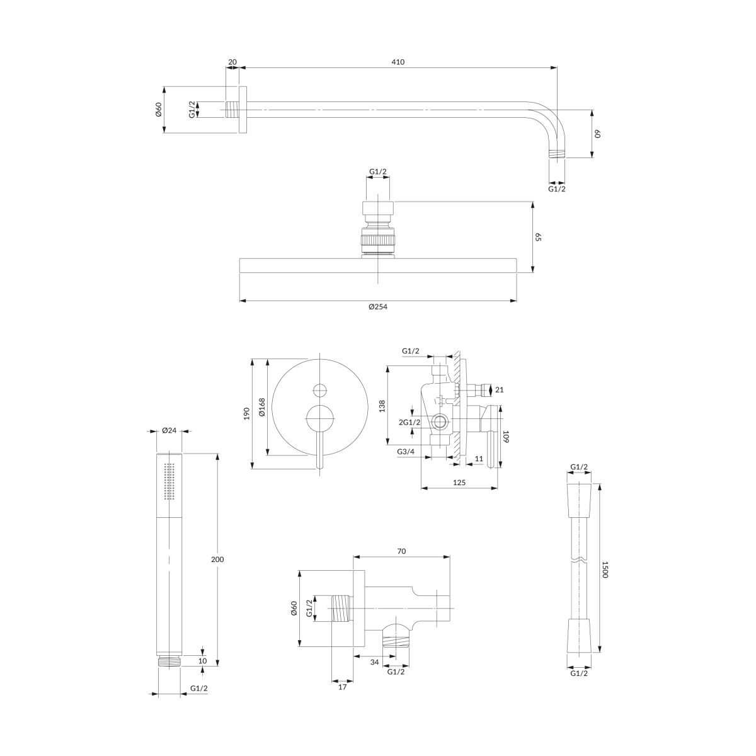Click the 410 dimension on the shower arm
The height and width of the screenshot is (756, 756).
pos(398,62)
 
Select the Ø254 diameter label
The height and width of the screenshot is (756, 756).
pos(378,307)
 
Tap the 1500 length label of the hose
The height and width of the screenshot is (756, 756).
pos(604,570)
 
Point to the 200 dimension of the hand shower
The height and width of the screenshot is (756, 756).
pos(217,559)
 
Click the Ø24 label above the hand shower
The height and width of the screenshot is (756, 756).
pos(169,430)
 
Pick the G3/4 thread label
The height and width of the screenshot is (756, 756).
pos(405,452)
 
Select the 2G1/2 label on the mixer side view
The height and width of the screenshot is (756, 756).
pos(409,422)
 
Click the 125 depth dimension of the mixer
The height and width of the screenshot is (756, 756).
pos(459,482)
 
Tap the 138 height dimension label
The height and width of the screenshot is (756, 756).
pos(382,406)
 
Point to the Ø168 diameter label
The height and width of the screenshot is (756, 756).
pos(262,407)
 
